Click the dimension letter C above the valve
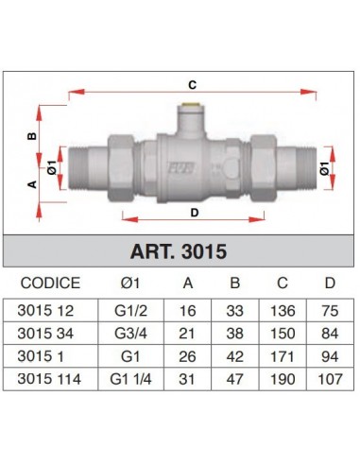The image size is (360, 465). click(x=192, y=85)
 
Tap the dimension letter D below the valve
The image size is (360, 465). click(x=195, y=213)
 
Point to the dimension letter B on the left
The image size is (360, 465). click(x=32, y=136)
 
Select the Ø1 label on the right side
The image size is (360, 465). click(x=324, y=168)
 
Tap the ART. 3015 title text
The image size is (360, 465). click(x=179, y=251)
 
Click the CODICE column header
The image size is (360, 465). click(x=50, y=283)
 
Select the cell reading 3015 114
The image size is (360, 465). click(x=49, y=379)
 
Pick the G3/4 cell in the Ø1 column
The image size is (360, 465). click(x=130, y=334)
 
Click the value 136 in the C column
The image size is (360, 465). click(x=283, y=311)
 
